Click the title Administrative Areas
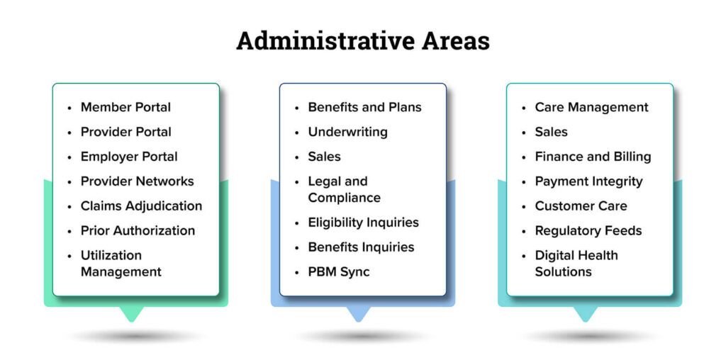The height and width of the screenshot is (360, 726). coord(363,41)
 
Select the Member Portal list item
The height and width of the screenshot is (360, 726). coord(125,107)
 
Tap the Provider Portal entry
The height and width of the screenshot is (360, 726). coord(126,132)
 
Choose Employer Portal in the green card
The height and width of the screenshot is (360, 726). coord(129,157)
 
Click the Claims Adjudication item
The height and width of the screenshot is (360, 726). coord(141,206)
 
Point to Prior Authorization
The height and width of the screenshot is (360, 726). coord(138,230)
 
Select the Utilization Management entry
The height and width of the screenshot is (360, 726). coord(121,264)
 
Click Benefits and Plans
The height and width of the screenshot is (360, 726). coord(365,107)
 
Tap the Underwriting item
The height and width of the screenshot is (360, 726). coord(347,132)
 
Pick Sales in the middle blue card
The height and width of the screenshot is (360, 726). coord(324,157)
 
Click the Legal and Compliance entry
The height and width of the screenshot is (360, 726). coord(344,189)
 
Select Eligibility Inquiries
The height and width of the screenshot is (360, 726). coord(364,223)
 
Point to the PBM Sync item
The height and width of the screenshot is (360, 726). coord(339,271)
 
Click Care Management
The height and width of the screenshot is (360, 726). coord(592,107)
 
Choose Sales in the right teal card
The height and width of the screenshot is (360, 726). coord(551,132)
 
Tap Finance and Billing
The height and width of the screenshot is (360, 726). coord(593,157)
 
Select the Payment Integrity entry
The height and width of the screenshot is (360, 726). coord(588,181)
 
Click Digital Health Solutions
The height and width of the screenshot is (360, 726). coord(576,264)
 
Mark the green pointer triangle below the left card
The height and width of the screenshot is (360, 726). coord(131,314)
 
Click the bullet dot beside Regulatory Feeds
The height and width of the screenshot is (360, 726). coord(524,231)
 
